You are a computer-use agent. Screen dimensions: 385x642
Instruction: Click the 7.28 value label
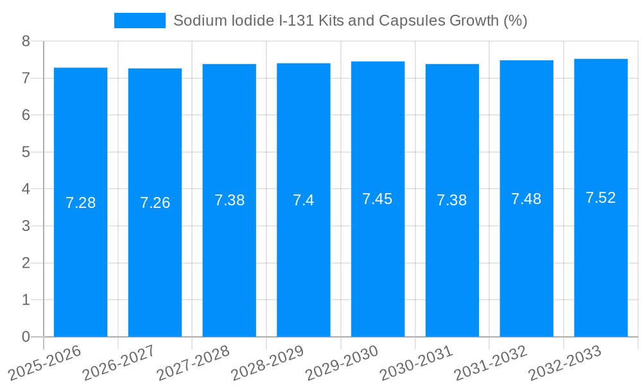click(x=81, y=203)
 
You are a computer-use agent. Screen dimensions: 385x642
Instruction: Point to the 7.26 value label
click(x=155, y=203)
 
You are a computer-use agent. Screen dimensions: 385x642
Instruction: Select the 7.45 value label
click(x=377, y=199)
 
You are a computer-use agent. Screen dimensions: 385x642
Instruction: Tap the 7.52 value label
click(x=601, y=198)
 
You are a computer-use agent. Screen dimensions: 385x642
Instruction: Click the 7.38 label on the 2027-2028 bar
click(x=229, y=200)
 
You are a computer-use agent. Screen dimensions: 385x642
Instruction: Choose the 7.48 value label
click(x=526, y=199)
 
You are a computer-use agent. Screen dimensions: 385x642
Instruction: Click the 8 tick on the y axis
click(x=26, y=42)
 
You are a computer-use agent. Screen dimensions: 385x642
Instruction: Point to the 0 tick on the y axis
click(x=26, y=337)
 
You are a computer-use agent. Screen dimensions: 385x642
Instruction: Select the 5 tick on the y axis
click(x=26, y=152)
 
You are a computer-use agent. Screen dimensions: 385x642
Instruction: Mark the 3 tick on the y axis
click(x=26, y=226)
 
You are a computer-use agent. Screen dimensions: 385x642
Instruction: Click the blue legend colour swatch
click(x=139, y=21)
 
